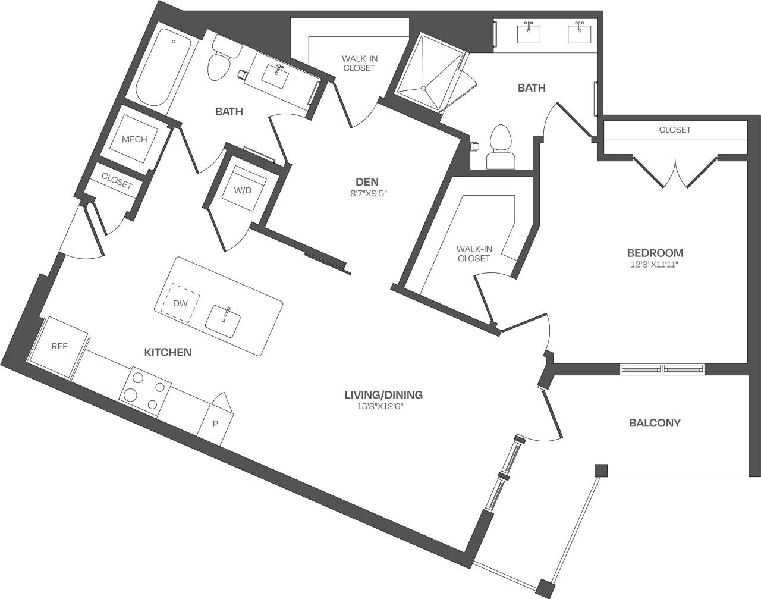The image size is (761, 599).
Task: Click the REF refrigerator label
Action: pos(59,346)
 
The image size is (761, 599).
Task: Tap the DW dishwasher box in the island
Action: pos(181,303)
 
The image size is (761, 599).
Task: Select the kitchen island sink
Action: pos(223,321)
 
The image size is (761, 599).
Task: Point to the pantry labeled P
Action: pos(215,424)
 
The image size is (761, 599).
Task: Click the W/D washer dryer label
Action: pos(242,190)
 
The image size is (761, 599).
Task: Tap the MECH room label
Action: pos(134,139)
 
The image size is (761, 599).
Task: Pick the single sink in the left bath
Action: pos(276,74)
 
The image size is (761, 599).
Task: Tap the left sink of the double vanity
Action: pos(529,34)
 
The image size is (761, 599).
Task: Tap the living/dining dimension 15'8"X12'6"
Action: pos(383,406)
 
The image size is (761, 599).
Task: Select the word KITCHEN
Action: pos(168,352)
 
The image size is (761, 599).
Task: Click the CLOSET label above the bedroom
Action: pos(675,130)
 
